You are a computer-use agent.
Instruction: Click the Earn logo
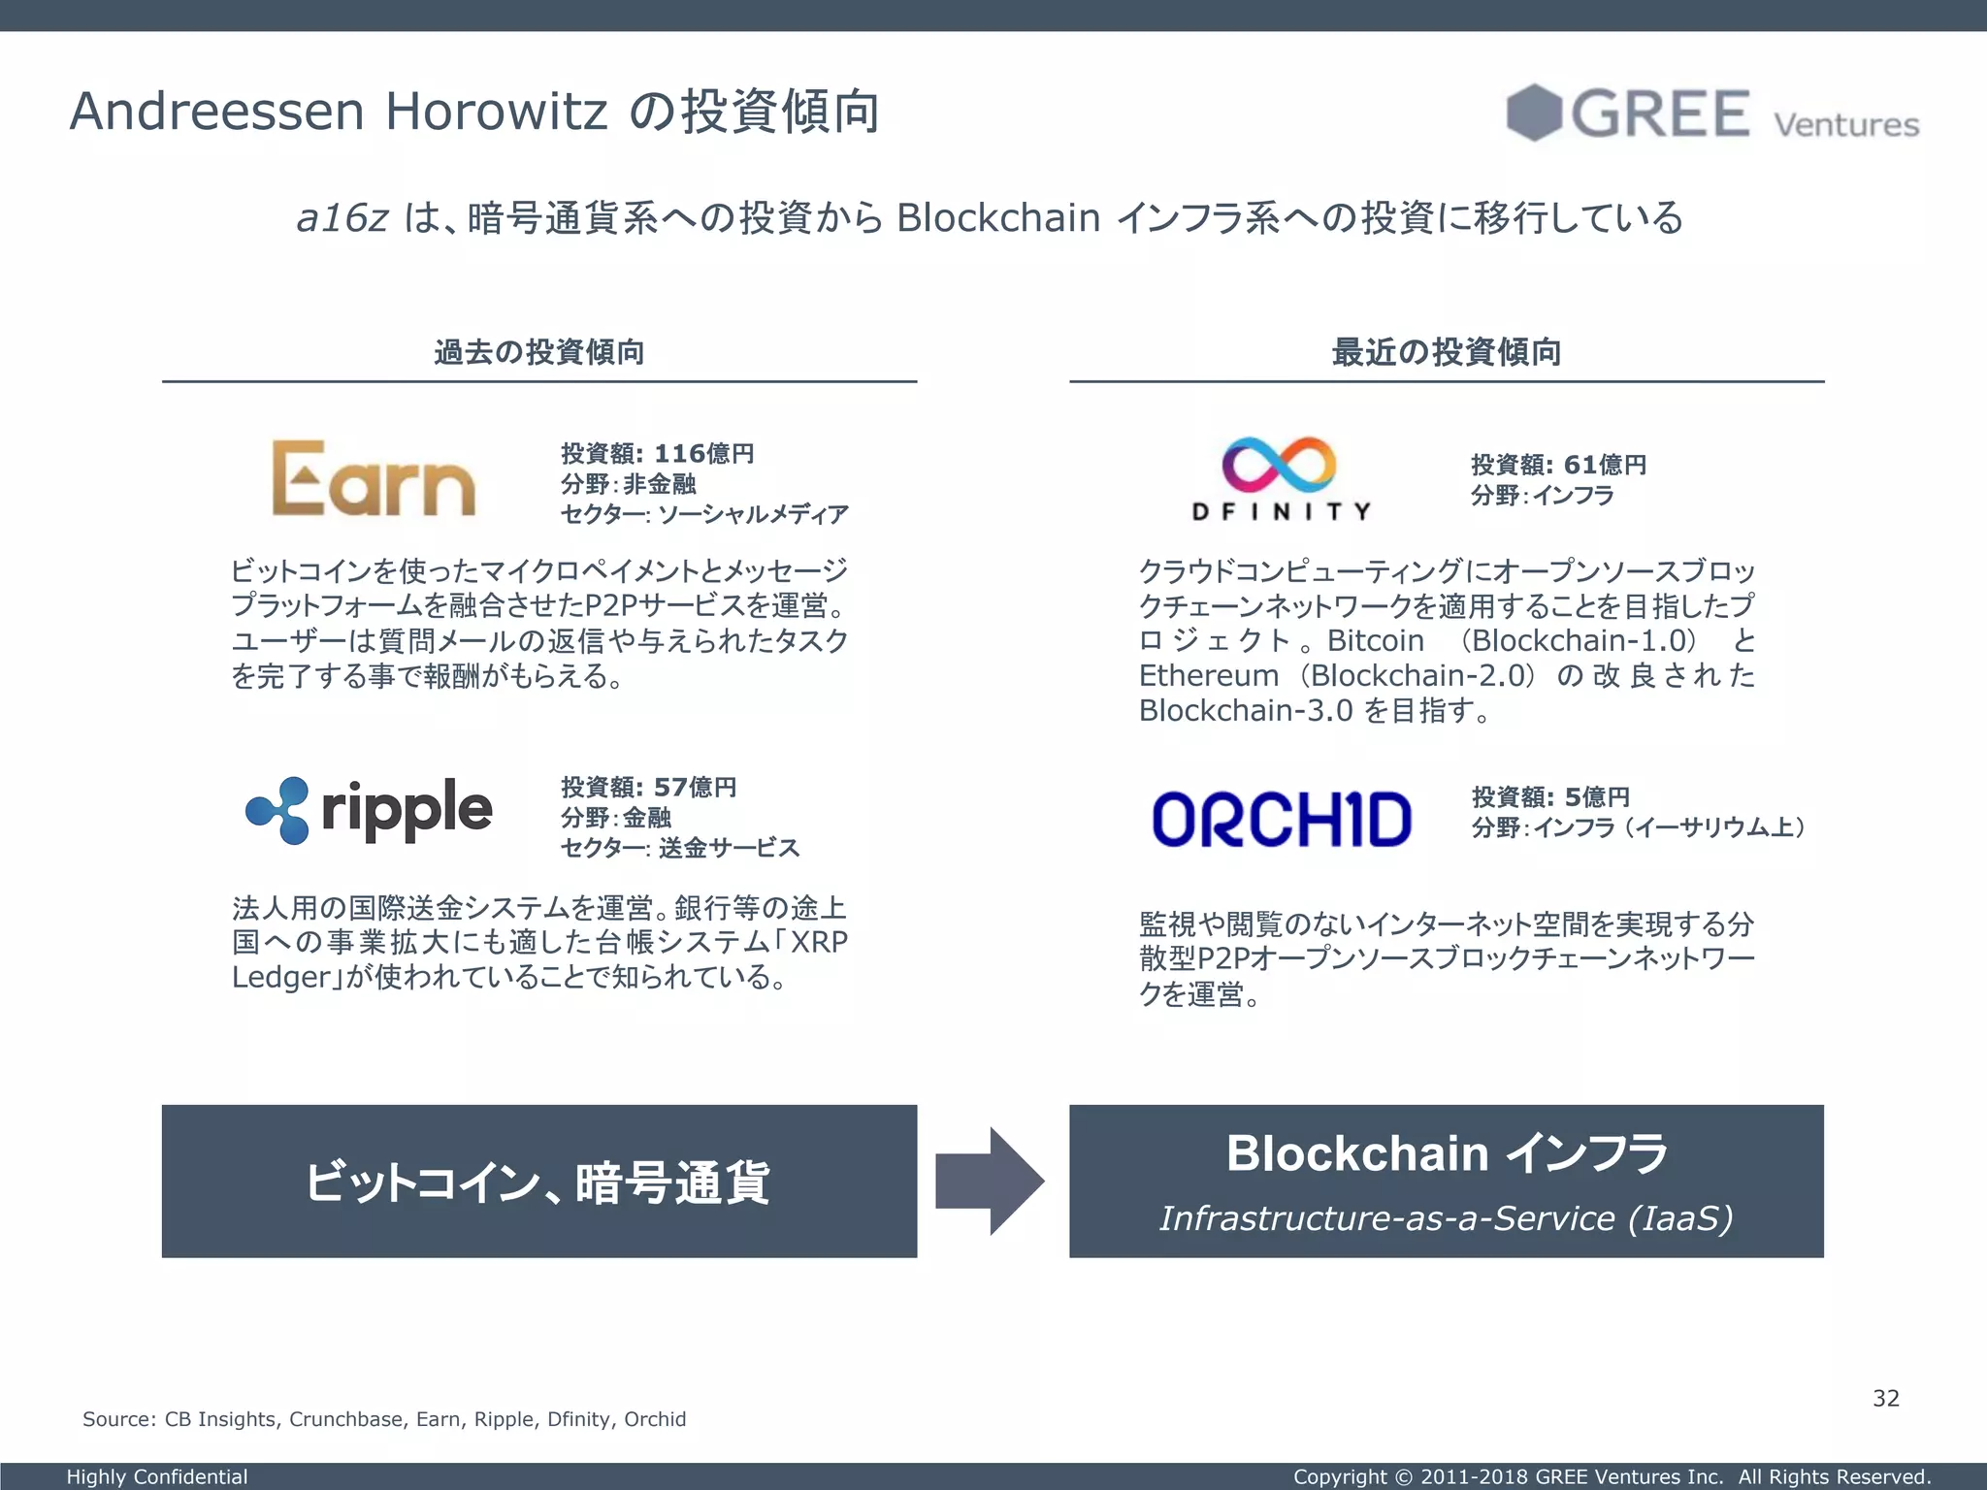(374, 479)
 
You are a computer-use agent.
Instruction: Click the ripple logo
(370, 810)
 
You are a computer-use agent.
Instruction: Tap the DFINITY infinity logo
(1279, 465)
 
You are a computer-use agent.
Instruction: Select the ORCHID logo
(1281, 820)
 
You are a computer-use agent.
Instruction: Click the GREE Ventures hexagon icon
(1533, 113)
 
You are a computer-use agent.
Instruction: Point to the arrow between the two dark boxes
(991, 1181)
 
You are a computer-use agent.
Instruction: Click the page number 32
(1885, 1398)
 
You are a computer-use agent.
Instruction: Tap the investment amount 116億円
(704, 453)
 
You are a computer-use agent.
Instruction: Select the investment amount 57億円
(695, 787)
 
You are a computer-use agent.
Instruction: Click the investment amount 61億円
(1605, 465)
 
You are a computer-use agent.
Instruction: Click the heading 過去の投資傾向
(539, 351)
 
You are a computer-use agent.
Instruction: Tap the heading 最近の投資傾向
(1447, 351)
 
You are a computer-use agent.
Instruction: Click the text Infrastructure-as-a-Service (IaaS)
(1446, 1218)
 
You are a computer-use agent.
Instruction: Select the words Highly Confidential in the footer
(157, 1476)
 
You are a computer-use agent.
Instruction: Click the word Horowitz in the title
(497, 112)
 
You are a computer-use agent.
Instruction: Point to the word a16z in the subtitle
(342, 218)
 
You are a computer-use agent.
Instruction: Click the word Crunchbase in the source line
(346, 1419)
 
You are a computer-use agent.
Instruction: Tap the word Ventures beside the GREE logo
(1846, 125)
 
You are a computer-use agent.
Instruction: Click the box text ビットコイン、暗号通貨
(538, 1182)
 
